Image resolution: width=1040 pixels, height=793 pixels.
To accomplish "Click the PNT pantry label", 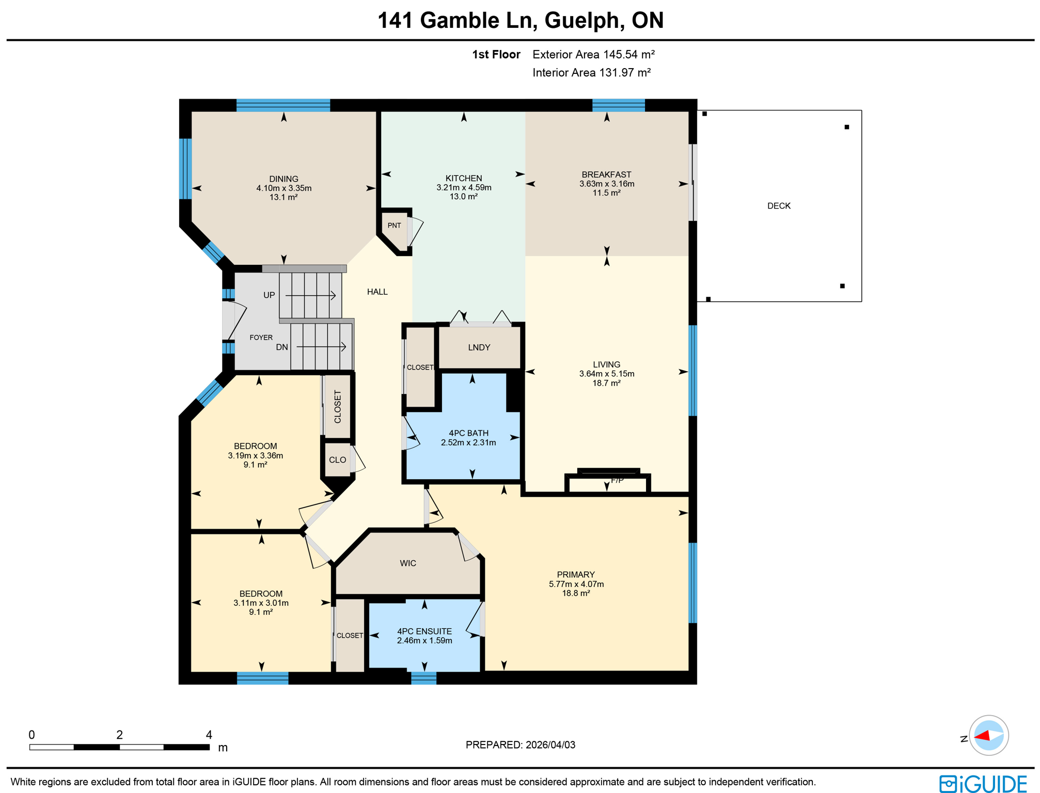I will click(x=394, y=225).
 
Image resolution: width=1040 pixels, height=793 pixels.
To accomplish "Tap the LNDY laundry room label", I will click(x=479, y=347).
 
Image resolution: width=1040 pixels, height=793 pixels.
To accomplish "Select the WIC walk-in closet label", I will click(x=407, y=563).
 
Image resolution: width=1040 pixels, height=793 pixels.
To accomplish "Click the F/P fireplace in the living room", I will click(x=608, y=482).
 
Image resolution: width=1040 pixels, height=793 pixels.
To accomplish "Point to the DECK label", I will click(x=778, y=206).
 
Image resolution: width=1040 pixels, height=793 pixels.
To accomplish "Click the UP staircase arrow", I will click(x=310, y=295).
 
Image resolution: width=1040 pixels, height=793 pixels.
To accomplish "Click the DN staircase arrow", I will click(x=321, y=347).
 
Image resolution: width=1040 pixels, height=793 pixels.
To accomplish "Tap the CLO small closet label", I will click(x=337, y=460).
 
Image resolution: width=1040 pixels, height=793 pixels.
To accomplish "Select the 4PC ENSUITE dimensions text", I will click(x=424, y=641).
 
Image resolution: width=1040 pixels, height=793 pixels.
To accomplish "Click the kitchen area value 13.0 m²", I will click(x=463, y=197).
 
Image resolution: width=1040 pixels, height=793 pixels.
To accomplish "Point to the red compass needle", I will click(x=982, y=736).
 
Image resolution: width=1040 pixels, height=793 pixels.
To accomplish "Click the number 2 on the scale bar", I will click(x=119, y=735).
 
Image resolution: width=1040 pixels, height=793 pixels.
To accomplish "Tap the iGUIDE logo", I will click(x=983, y=784).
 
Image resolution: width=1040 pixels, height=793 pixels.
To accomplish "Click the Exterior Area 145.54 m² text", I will click(x=593, y=55).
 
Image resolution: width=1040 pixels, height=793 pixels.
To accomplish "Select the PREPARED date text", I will click(x=520, y=744).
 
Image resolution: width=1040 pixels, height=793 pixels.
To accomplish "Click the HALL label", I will click(x=377, y=292).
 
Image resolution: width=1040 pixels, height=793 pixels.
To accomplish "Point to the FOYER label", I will click(x=261, y=338).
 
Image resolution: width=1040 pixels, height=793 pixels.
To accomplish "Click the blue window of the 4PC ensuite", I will click(x=423, y=678).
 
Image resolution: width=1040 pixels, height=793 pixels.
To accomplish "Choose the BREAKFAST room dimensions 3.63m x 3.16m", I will click(x=606, y=184).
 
